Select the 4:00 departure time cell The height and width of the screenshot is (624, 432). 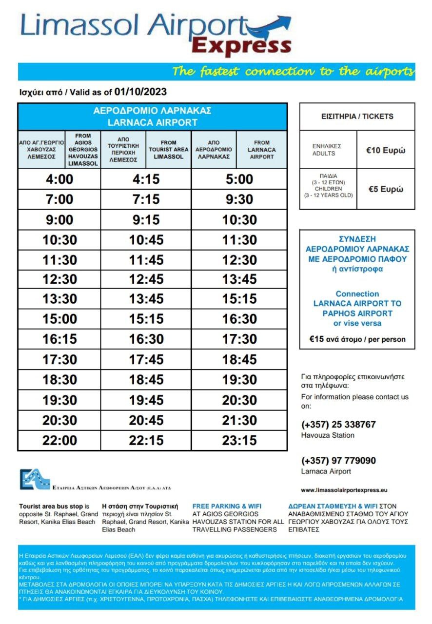59,179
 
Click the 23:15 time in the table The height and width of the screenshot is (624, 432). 239,440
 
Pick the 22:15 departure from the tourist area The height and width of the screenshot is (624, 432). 146,440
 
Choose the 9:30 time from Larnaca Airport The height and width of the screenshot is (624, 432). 239,199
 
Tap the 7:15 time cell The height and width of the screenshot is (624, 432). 146,199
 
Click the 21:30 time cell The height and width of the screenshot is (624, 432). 239,420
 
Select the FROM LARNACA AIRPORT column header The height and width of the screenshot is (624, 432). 262,150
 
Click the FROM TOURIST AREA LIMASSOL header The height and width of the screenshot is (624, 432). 168,150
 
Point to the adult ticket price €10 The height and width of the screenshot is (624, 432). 385,150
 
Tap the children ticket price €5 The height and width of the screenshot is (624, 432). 385,190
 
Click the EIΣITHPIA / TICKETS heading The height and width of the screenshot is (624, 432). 357,117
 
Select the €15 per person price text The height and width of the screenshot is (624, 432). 357,339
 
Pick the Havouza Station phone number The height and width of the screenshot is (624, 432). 338,425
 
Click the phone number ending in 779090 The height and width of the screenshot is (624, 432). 338,461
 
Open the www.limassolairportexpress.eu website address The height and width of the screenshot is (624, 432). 344,490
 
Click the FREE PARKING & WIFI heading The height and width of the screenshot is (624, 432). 223,506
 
